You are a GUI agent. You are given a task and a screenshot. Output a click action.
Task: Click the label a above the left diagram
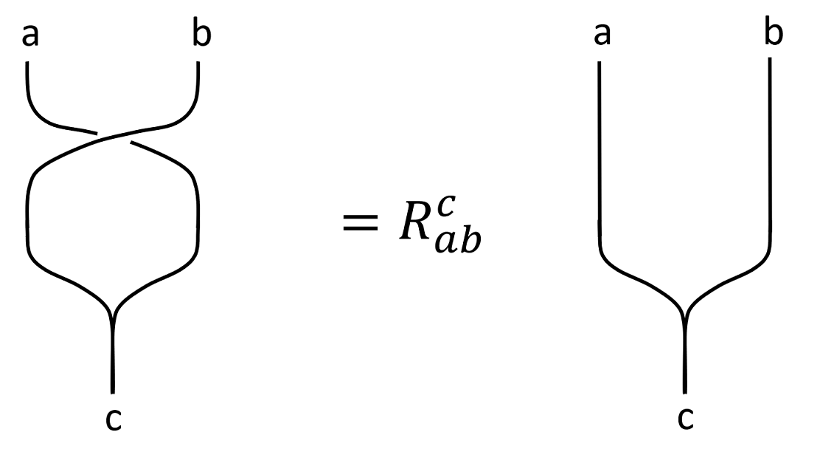pos(29,35)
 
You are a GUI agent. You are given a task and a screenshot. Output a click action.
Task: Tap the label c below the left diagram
pos(113,419)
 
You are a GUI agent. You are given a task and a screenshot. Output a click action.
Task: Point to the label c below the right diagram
pos(685,419)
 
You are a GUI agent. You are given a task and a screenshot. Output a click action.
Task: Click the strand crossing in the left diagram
pos(114,137)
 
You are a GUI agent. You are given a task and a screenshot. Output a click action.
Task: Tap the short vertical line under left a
pos(27,81)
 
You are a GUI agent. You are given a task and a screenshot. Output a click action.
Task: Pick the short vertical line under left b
pos(198,81)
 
